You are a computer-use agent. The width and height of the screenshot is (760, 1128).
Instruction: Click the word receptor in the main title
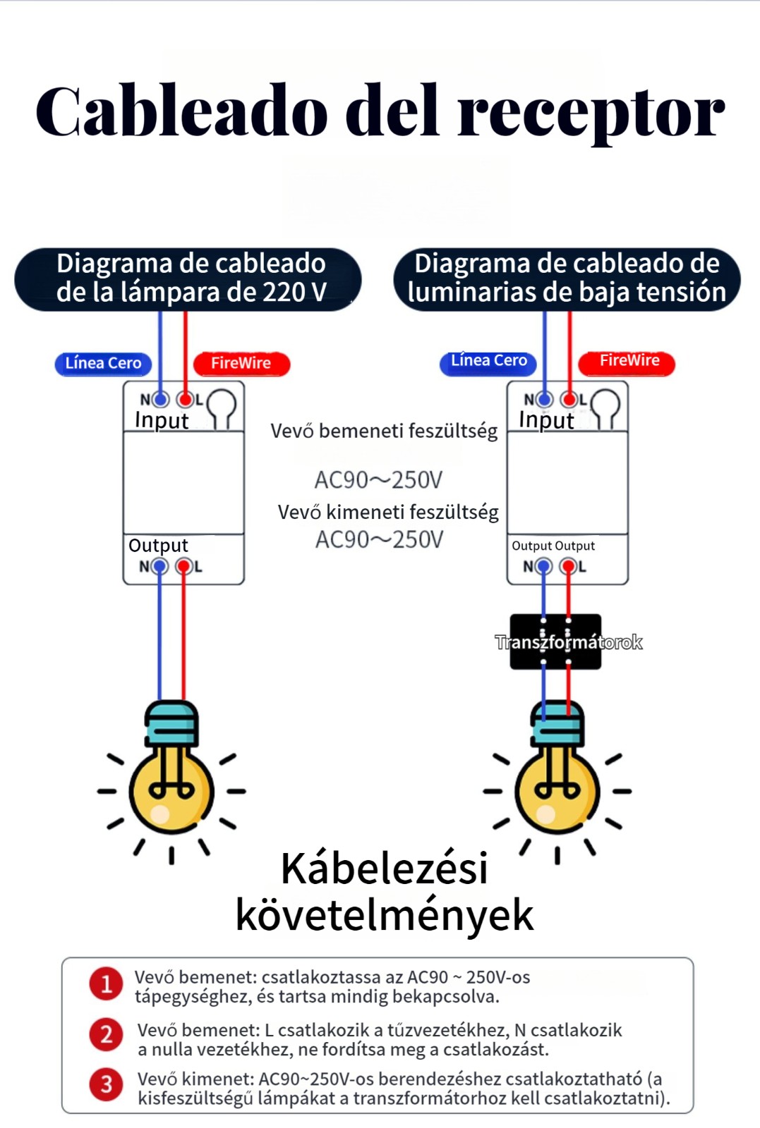click(x=591, y=113)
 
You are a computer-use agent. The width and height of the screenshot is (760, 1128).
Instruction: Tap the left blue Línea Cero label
click(x=103, y=363)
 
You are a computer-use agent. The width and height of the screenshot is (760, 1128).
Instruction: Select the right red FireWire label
click(x=627, y=361)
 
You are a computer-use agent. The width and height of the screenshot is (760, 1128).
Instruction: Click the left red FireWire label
click(x=241, y=363)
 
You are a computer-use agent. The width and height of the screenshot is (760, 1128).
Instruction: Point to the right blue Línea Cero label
click(x=488, y=361)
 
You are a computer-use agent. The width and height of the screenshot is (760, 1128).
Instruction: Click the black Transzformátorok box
click(x=556, y=642)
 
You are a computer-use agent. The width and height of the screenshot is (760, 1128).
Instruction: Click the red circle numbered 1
click(x=107, y=983)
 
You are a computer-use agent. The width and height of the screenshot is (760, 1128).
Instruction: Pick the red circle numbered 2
click(x=107, y=1034)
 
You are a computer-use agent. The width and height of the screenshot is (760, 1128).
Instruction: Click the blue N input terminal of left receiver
click(x=160, y=400)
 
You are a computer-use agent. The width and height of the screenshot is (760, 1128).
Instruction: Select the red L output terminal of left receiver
click(x=184, y=566)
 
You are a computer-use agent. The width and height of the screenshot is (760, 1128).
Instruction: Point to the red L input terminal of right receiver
click(x=569, y=400)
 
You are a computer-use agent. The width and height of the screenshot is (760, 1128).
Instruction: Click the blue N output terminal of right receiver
click(x=543, y=566)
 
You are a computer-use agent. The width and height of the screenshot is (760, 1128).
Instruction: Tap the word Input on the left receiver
click(x=162, y=420)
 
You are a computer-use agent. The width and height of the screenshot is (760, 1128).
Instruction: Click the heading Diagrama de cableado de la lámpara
click(x=191, y=278)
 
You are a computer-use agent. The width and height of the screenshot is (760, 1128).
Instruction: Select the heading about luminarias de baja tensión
click(x=567, y=278)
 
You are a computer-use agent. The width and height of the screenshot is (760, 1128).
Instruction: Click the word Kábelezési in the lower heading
click(x=384, y=869)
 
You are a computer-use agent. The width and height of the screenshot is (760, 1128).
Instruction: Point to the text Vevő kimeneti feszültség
click(x=388, y=513)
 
